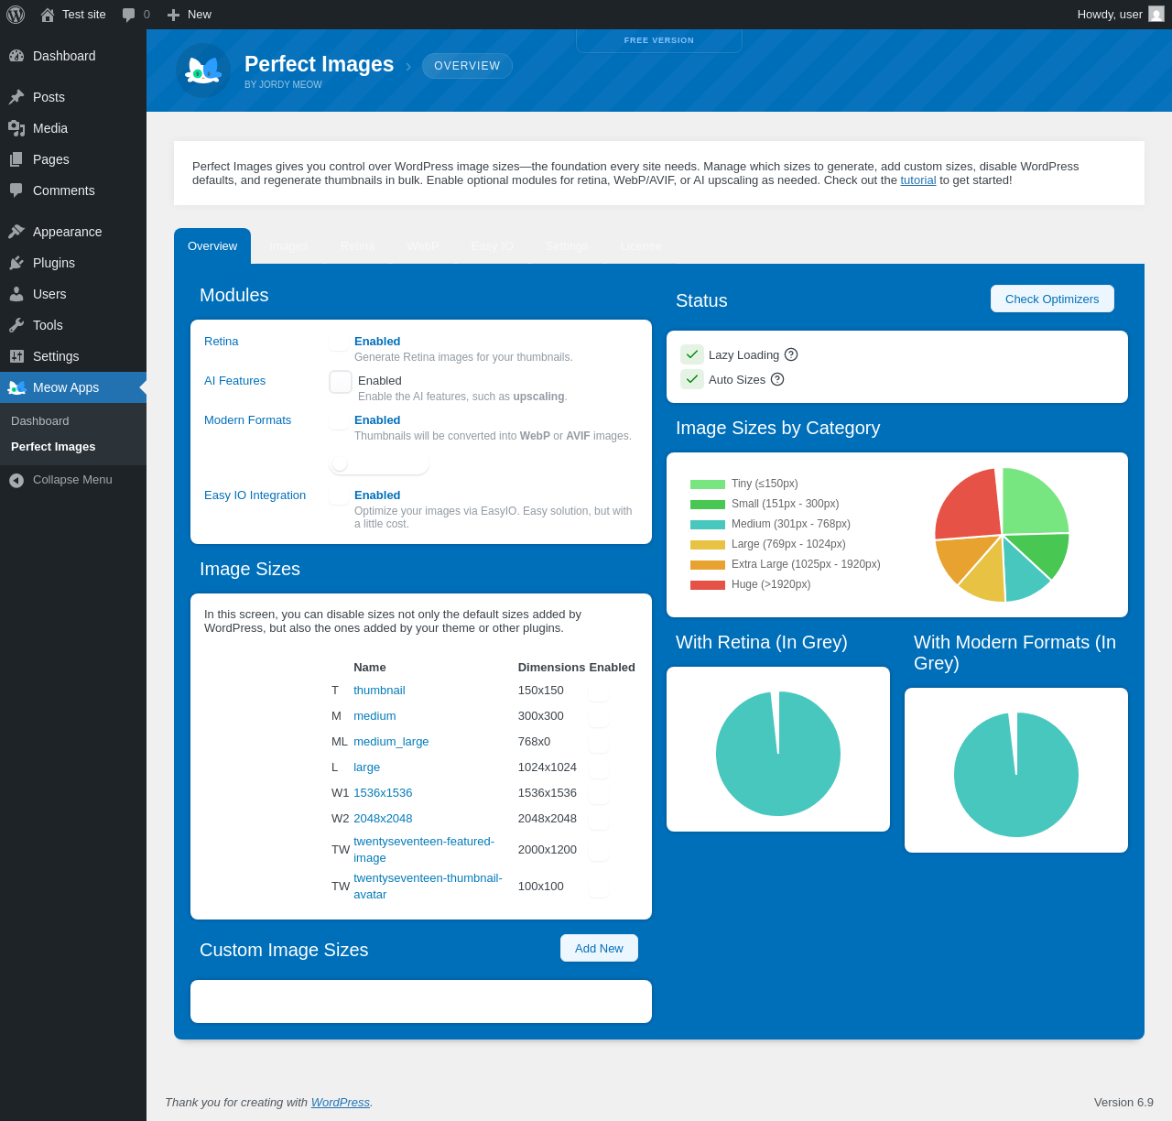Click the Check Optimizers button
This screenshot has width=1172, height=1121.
1052,299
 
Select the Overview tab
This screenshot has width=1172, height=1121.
212,246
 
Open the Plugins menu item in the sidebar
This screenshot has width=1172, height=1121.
54,263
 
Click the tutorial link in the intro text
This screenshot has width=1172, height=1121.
917,180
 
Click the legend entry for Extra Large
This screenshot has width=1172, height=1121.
806,564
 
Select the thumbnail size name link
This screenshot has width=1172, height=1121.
379,691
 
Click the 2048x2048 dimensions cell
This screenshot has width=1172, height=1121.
547,819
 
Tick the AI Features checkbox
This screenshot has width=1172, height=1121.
341,382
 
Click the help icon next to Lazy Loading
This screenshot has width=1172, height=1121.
791,354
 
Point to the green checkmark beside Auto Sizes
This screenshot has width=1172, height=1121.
692,379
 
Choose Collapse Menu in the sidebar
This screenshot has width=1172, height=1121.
72,480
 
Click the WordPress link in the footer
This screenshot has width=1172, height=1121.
340,1103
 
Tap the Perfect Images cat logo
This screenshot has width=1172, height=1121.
203,71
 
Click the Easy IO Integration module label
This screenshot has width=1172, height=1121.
255,495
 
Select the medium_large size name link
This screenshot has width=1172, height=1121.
391,742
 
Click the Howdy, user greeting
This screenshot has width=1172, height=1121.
1110,15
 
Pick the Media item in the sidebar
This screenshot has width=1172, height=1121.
50,128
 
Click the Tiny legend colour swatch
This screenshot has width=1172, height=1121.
708,484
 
